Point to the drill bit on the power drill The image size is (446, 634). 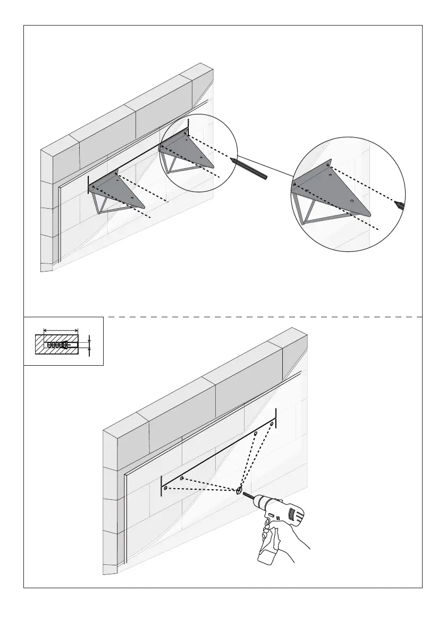[248, 496]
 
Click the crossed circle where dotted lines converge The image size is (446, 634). [239, 490]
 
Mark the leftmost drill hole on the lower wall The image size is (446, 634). [166, 487]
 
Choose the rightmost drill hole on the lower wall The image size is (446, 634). [272, 424]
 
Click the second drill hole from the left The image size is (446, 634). [182, 479]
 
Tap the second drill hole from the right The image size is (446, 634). [256, 434]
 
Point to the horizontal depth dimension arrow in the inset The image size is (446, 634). [61, 330]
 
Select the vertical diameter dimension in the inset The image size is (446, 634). [90, 345]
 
